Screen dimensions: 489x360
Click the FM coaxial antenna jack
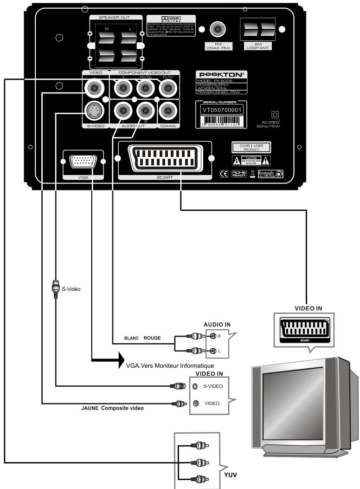(x=216, y=31)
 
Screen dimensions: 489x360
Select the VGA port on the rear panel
(x=84, y=162)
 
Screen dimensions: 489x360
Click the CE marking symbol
(x=223, y=174)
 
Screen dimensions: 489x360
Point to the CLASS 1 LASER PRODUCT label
(x=251, y=148)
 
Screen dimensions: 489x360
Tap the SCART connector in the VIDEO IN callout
(x=302, y=331)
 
